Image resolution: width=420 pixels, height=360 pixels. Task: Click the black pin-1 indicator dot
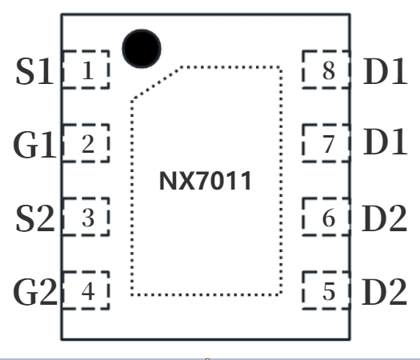coord(142,47)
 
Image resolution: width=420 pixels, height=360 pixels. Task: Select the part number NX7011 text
coord(206,182)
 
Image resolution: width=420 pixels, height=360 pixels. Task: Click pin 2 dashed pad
coord(86,145)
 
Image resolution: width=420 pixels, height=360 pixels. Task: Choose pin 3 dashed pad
coord(86,218)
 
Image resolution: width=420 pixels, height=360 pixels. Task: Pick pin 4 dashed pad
coord(86,291)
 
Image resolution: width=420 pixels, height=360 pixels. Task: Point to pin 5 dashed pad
coord(326,291)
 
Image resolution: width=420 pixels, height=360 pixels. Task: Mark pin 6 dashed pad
coord(326,218)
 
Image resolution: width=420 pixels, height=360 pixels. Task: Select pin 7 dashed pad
coord(326,145)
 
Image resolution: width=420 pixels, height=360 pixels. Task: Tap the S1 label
coord(34,72)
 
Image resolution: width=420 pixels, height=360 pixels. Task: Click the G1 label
coord(34,146)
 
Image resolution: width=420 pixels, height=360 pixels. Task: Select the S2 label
coord(34,219)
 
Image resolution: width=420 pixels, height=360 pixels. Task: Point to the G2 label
coord(34,293)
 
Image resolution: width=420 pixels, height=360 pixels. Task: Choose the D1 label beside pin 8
coord(385,71)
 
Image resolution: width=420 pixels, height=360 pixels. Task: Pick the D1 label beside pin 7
coord(385,143)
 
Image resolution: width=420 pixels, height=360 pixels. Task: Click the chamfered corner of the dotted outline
coord(156,83)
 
